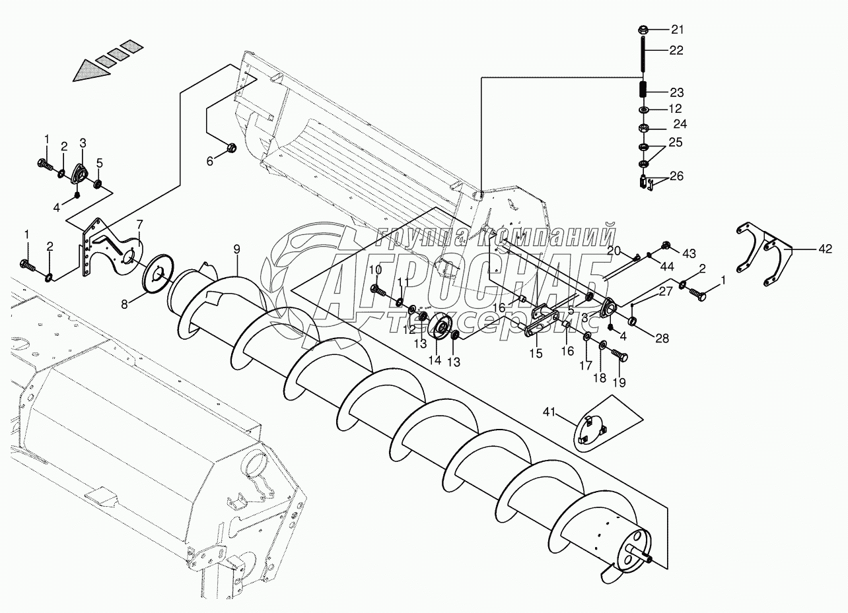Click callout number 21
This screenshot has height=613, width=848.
pyautogui.click(x=678, y=29)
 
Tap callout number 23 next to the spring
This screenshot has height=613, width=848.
pyautogui.click(x=678, y=92)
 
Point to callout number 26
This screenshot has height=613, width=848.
pyautogui.click(x=677, y=176)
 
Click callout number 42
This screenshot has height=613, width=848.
pyautogui.click(x=825, y=249)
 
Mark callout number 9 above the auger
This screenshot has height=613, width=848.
pyautogui.click(x=236, y=250)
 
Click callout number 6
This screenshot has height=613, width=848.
pyautogui.click(x=211, y=160)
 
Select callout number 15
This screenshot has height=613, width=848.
pyautogui.click(x=536, y=353)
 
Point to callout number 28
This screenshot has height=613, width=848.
pyautogui.click(x=662, y=339)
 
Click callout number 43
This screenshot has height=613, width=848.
pyautogui.click(x=689, y=253)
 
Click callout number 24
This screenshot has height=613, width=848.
pyautogui.click(x=680, y=124)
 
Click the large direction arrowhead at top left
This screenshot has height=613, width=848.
pyautogui.click(x=89, y=69)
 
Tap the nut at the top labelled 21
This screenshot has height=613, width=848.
pyautogui.click(x=643, y=30)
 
